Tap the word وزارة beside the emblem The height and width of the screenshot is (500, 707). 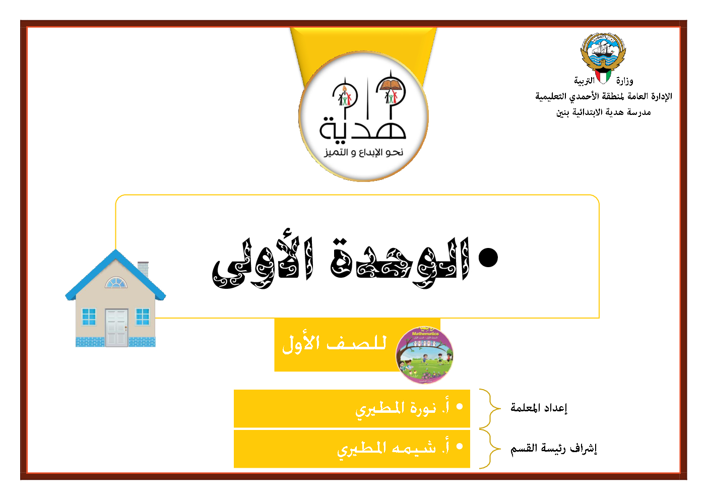click(x=625, y=81)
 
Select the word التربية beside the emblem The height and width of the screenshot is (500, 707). click(x=584, y=81)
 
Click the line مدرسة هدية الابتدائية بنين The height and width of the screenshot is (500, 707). click(x=604, y=112)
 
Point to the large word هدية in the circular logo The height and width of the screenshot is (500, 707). click(x=363, y=129)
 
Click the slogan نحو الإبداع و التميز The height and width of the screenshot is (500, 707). click(x=364, y=152)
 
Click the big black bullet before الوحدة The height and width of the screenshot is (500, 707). click(x=488, y=257)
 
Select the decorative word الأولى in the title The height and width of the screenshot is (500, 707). click(x=263, y=263)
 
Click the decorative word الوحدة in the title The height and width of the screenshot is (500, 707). click(x=400, y=263)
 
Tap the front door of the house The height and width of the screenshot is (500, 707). click(x=117, y=328)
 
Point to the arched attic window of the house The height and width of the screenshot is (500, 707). click(x=116, y=283)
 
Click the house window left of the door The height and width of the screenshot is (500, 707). click(x=89, y=317)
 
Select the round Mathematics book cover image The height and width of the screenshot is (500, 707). click(x=424, y=355)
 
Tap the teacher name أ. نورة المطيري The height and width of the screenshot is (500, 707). click(x=403, y=408)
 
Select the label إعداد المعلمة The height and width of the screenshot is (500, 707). click(x=539, y=408)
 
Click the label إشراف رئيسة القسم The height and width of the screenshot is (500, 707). click(x=554, y=448)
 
